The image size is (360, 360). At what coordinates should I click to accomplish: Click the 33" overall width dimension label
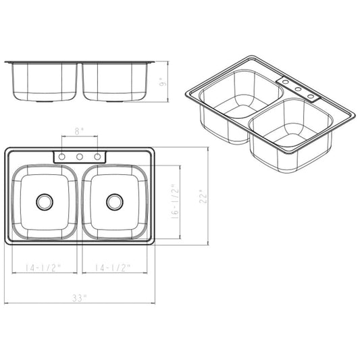click(x=80, y=298)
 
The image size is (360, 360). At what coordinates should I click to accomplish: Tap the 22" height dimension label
click(x=203, y=197)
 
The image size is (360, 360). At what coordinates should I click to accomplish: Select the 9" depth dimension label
click(x=163, y=82)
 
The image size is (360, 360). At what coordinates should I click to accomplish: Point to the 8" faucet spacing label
click(x=80, y=131)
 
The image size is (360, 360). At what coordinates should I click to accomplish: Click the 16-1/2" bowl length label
click(x=175, y=201)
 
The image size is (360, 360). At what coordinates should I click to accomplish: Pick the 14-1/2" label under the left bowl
click(x=43, y=267)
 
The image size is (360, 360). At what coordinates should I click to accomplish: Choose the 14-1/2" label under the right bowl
click(x=113, y=267)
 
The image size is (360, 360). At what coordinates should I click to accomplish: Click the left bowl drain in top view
click(x=45, y=202)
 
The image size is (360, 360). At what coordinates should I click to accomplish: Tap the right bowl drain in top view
click(x=115, y=202)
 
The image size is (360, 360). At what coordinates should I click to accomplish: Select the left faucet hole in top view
click(x=61, y=157)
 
